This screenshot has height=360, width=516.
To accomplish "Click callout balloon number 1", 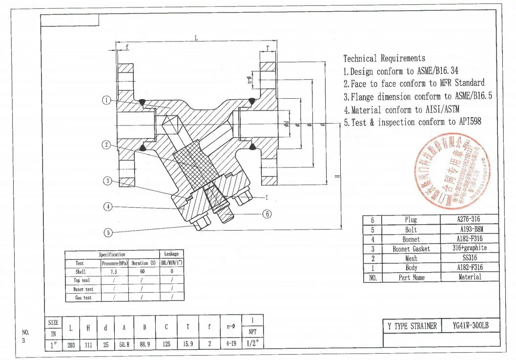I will pyautogui.click(x=107, y=100).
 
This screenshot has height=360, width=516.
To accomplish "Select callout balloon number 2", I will pyautogui.click(x=107, y=145).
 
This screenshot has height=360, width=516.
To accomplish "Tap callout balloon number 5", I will pyautogui.click(x=108, y=233).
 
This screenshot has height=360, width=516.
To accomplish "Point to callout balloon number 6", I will pyautogui.click(x=267, y=213).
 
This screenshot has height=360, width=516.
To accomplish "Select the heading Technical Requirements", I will pyautogui.click(x=384, y=59).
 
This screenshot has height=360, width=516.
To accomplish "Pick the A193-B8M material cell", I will pyautogui.click(x=470, y=229).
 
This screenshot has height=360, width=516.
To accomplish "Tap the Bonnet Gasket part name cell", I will pyautogui.click(x=411, y=249).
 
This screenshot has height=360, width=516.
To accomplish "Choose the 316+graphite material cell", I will pyautogui.click(x=470, y=248).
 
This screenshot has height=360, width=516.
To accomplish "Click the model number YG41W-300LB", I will pyautogui.click(x=471, y=326).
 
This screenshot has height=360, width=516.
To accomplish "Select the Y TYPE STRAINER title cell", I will pyautogui.click(x=413, y=326).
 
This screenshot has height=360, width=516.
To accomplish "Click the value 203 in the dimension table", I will pyautogui.click(x=71, y=343).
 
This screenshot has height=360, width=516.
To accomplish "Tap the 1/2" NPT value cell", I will pyautogui.click(x=252, y=343).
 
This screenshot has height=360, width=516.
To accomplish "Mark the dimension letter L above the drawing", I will pyautogui.click(x=196, y=39).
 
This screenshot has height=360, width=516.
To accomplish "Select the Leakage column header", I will pyautogui.click(x=171, y=254).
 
